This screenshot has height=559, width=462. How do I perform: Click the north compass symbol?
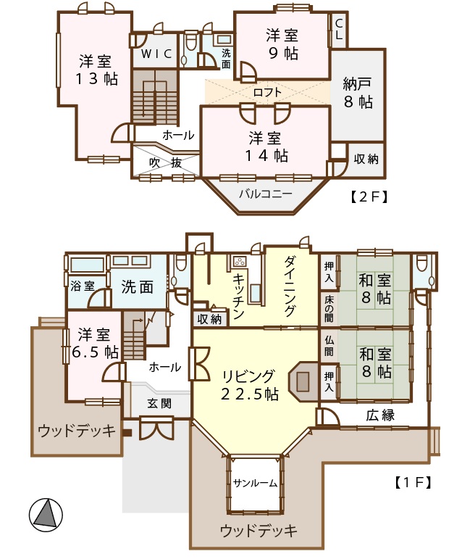coord(46,515)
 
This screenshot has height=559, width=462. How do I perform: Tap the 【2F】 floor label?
coord(368,196)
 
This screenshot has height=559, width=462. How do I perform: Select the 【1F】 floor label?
coord(413,482)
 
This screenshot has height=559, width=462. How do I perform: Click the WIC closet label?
coord(156,54)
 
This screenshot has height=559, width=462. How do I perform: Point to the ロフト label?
coord(267,92)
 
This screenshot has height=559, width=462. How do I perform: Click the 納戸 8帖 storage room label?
coord(358,93)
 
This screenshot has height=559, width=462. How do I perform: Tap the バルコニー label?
coord(266,194)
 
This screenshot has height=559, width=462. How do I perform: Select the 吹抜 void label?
coord(166,163)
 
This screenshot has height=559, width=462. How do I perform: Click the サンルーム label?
coord(255,483)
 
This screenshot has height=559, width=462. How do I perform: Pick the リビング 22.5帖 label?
coord(249,385)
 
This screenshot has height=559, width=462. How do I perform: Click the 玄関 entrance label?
coord(159,404)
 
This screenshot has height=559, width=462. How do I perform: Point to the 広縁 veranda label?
coord(380,415)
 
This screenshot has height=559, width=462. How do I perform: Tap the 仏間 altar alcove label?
coord(329,346)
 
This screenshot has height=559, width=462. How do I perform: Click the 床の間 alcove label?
coord(329,309)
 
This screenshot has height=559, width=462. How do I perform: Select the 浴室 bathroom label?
coord(83,286)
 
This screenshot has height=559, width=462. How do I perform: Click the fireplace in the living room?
coord(303,381)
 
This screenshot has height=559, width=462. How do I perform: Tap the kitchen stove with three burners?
coord(239,262)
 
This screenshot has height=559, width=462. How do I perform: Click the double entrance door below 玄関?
coord(156,429)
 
